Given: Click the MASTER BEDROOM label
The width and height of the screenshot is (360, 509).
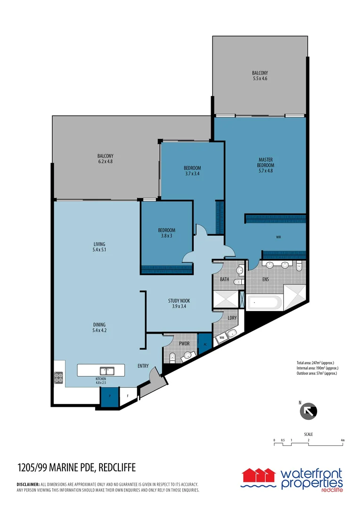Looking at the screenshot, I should click(265, 163).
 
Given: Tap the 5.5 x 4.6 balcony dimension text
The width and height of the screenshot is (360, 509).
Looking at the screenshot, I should click(260, 79).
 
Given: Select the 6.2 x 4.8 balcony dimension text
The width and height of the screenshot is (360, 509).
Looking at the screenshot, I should click(105, 162).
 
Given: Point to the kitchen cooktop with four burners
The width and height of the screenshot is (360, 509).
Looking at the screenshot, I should click(59, 377).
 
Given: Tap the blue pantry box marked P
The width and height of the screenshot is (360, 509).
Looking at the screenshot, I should click(109, 396).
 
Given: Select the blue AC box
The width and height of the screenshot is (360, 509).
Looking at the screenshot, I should click(205, 344).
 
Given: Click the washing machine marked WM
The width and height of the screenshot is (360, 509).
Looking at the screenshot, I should click(221, 337).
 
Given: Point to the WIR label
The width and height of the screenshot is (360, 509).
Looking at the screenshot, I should click(278, 238).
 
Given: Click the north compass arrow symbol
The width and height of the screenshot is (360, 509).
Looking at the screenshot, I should click(309, 411).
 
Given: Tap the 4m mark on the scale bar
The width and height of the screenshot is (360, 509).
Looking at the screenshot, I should click(343, 440).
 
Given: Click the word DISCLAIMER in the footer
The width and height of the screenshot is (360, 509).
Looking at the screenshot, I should click(28, 484).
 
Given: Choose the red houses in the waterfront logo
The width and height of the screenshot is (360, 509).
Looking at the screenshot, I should click(258, 474).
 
